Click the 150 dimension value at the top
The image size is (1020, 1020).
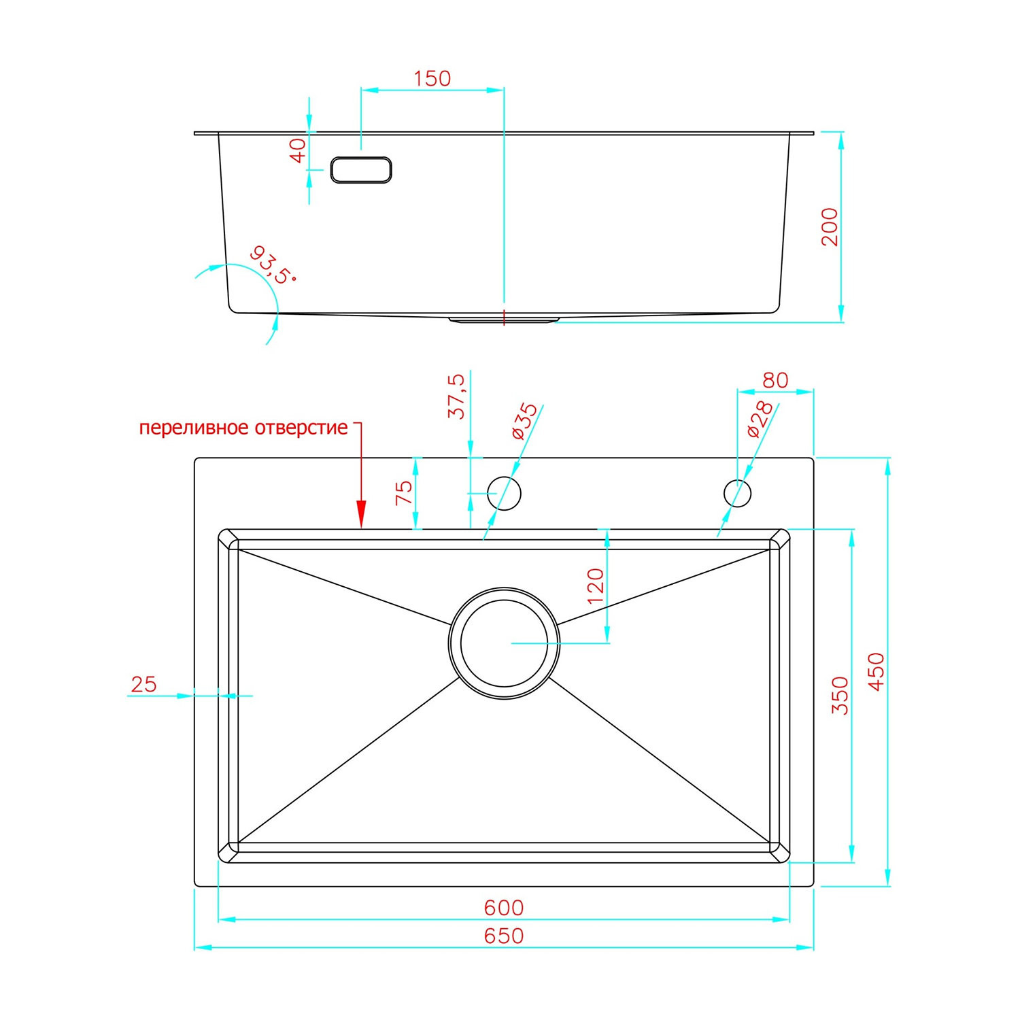click(x=432, y=79)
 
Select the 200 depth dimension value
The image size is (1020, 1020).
click(x=830, y=226)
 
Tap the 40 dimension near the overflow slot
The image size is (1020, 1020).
click(x=298, y=150)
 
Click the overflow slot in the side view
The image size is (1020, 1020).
click(x=361, y=170)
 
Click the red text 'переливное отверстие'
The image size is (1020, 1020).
click(x=243, y=428)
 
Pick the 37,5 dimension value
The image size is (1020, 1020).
click(x=457, y=396)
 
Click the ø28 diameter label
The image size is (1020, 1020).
click(x=760, y=418)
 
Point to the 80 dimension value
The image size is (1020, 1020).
click(x=775, y=380)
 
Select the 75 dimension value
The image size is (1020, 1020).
click(x=404, y=492)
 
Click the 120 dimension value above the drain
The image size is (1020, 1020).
click(x=595, y=586)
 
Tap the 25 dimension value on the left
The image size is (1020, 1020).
click(x=143, y=684)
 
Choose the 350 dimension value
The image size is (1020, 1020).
click(x=840, y=695)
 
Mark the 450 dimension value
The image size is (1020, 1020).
click(x=877, y=671)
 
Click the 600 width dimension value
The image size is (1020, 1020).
click(x=504, y=908)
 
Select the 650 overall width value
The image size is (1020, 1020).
click(x=504, y=936)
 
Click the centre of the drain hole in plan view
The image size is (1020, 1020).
click(x=504, y=643)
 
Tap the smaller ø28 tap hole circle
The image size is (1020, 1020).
click(x=737, y=493)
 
